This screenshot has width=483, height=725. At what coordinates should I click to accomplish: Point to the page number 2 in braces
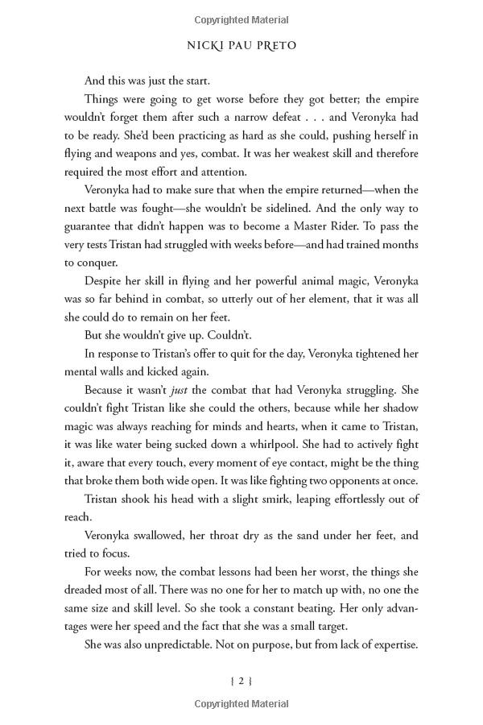point(241,681)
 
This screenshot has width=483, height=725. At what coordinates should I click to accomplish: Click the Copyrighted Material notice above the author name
point(241,16)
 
